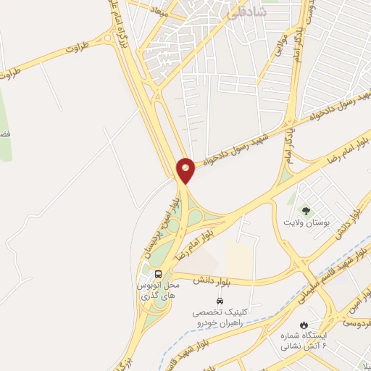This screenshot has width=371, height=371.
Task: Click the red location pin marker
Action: [x=185, y=170]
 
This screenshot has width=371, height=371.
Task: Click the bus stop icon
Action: [x=158, y=274]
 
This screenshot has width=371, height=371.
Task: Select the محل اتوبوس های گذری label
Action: [x=158, y=292]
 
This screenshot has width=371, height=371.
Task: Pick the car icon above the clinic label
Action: [x=218, y=299]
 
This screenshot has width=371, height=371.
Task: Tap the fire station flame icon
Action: [x=304, y=325]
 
